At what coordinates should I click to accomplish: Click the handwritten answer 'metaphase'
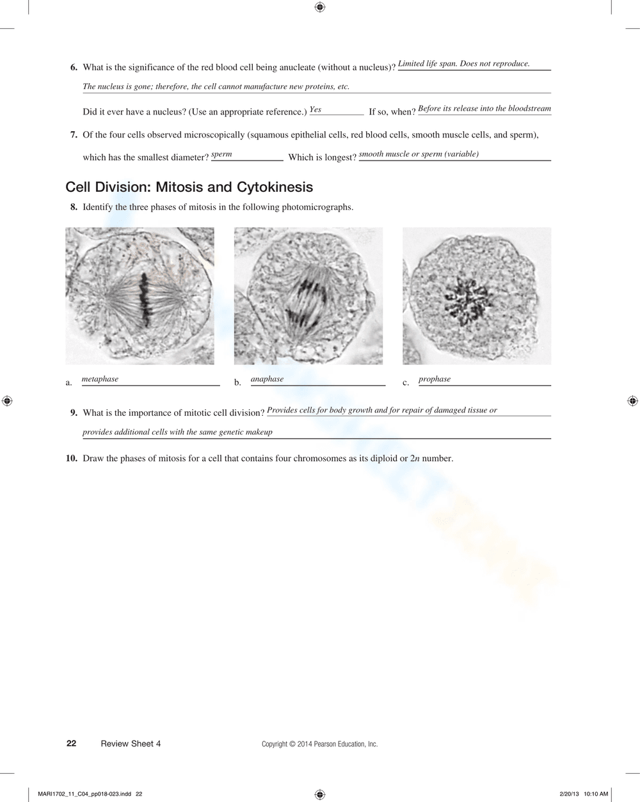100,379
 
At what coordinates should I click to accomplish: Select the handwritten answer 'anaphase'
267,379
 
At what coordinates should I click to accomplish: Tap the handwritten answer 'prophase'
435,379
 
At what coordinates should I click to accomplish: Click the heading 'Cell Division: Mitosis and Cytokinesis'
189,187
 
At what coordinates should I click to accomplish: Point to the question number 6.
74,67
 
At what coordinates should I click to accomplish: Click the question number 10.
72,458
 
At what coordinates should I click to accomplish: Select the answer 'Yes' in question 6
316,110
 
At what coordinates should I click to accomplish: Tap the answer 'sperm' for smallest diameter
221,154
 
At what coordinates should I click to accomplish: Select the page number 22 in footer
72,743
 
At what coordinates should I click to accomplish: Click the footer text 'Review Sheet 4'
131,744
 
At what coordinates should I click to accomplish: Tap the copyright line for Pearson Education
319,744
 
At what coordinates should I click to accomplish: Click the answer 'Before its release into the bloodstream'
484,109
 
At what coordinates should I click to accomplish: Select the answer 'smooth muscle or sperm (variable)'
419,154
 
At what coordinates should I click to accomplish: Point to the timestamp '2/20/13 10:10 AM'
583,794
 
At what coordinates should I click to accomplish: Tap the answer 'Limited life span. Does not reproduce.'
464,64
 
